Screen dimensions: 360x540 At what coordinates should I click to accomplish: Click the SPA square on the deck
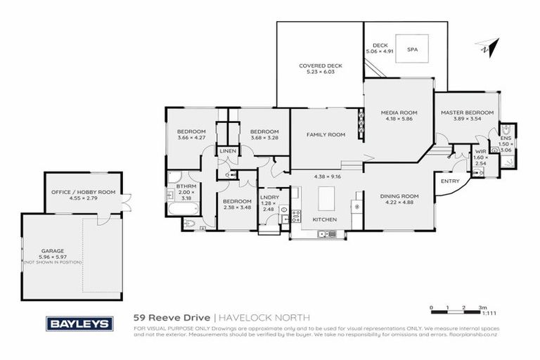(412, 50)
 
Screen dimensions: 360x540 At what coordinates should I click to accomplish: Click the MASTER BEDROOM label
(467, 112)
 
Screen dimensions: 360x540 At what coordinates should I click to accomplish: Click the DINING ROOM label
(399, 196)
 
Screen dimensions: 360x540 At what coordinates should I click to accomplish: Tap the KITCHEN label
(325, 219)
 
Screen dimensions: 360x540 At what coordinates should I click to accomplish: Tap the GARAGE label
(51, 250)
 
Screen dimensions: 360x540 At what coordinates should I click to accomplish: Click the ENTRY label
(449, 181)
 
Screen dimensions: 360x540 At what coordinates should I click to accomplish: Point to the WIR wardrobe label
(482, 151)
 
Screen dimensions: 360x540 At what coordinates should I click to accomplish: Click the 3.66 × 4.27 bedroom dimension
(191, 138)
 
